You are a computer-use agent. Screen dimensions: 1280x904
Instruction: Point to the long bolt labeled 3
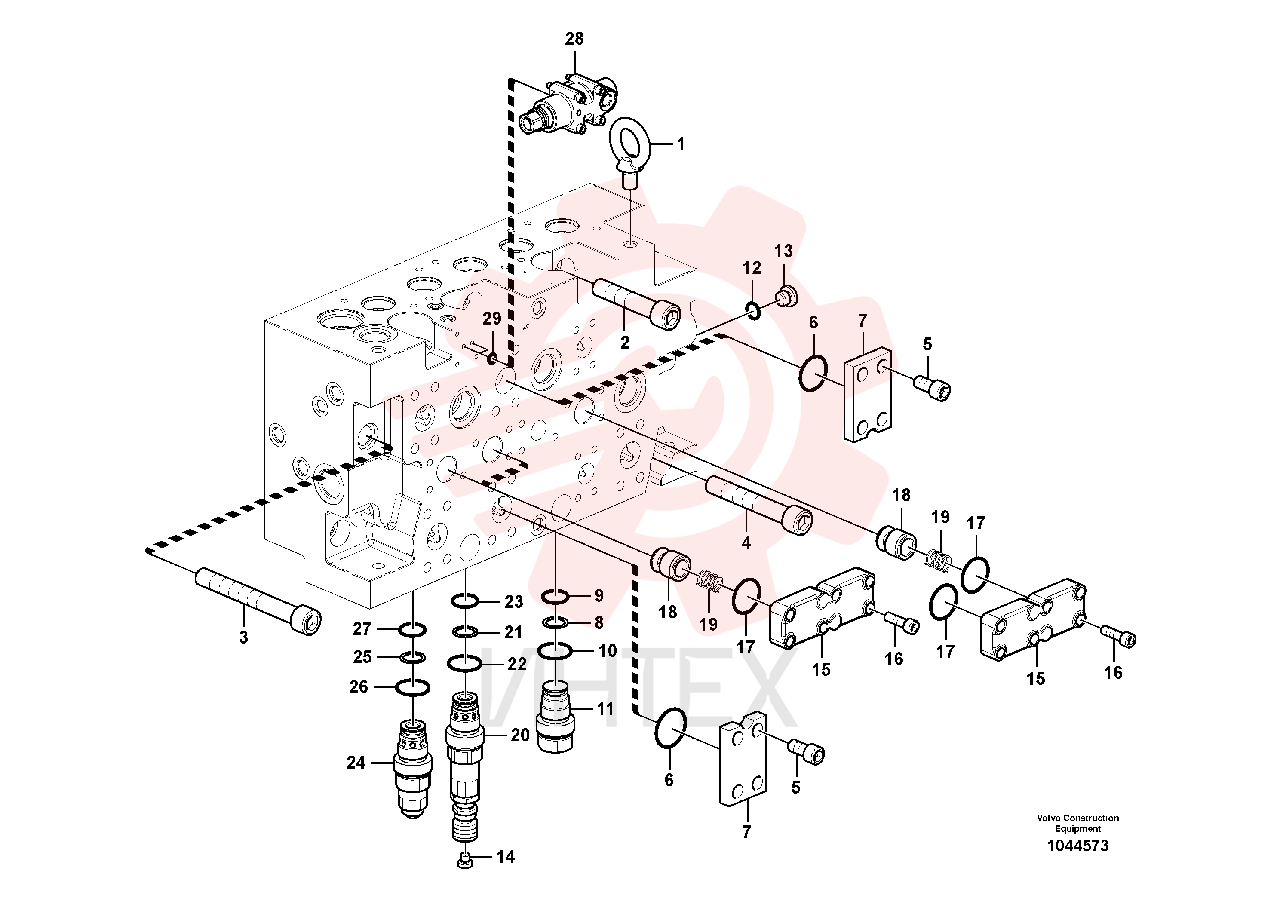tap(258, 600)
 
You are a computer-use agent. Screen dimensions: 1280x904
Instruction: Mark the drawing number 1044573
tap(1077, 846)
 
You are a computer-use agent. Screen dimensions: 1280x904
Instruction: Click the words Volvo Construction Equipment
tap(1077, 823)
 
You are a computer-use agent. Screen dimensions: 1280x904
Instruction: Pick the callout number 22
tap(517, 664)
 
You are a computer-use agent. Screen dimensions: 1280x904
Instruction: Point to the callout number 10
tap(607, 650)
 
